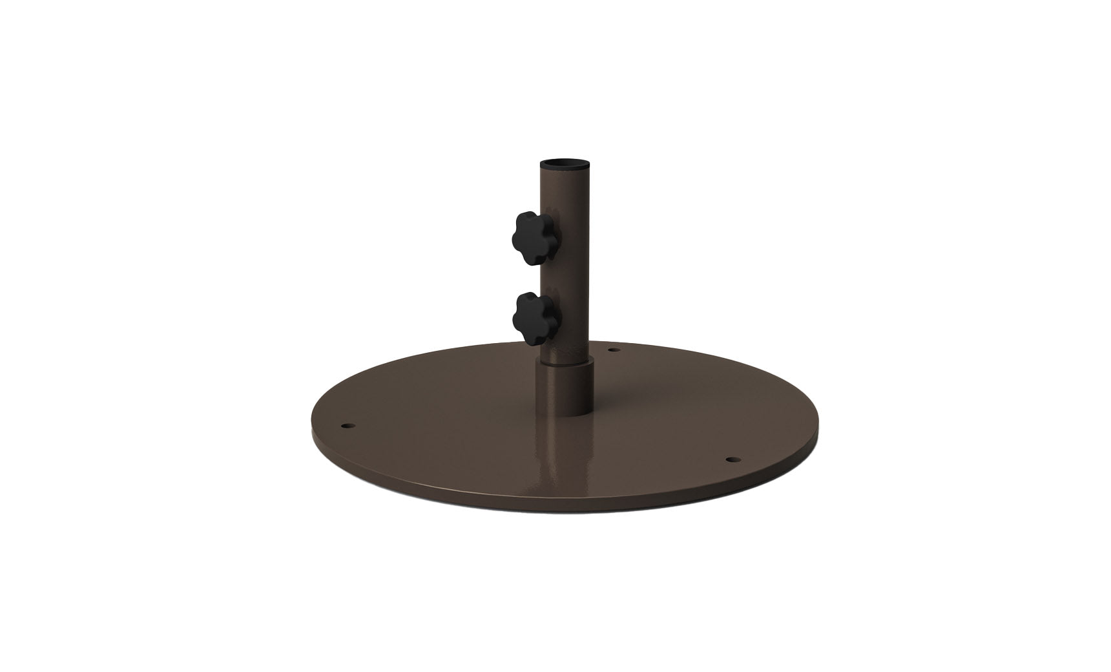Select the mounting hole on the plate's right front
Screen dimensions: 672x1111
[x=731, y=459]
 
